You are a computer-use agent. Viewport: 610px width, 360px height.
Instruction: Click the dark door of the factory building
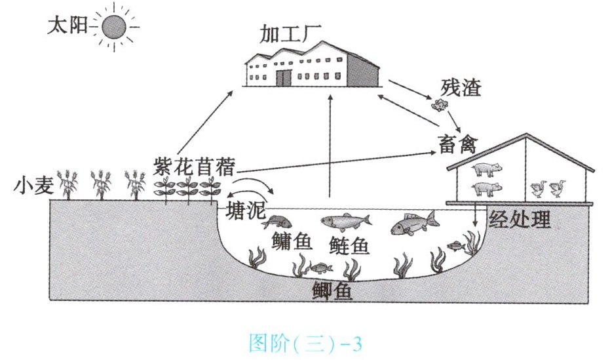coord(283,78)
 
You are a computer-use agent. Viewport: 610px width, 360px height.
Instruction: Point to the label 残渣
coord(463,87)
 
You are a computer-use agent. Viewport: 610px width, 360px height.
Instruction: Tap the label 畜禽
coord(458,141)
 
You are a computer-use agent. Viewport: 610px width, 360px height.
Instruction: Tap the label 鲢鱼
coord(348,245)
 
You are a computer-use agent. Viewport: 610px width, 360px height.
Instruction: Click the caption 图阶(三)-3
coord(305,342)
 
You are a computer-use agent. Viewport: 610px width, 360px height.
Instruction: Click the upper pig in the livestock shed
coord(486,169)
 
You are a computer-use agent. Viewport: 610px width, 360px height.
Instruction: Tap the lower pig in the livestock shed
coord(486,190)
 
